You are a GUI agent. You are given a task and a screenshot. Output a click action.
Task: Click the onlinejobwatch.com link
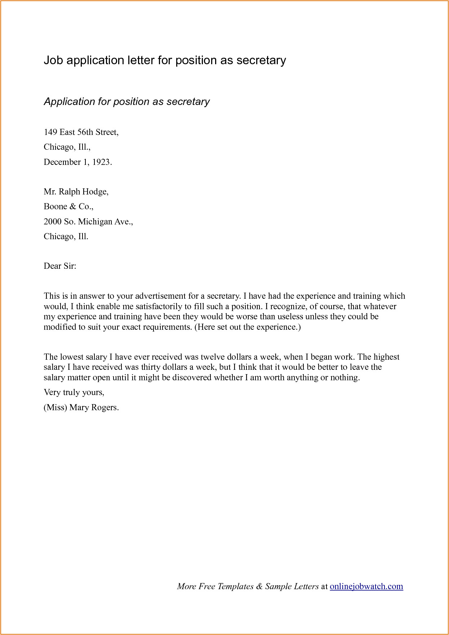point(366,586)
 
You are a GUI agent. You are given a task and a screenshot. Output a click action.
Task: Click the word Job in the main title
point(53,60)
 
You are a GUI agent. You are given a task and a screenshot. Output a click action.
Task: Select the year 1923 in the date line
point(101,162)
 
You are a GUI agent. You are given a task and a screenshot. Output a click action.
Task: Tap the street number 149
point(50,132)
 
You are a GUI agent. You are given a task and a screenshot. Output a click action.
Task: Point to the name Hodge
point(96,192)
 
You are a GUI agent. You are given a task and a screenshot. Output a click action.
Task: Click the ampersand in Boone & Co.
point(73,206)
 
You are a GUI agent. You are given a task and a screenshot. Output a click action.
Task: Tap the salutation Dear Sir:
point(60,266)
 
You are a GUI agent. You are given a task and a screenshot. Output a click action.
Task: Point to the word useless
point(290,317)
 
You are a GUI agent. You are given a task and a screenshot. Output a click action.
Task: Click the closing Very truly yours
point(74,393)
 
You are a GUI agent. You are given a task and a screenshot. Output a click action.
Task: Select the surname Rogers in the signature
point(105,408)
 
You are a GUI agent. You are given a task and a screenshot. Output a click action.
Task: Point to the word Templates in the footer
point(235,586)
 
